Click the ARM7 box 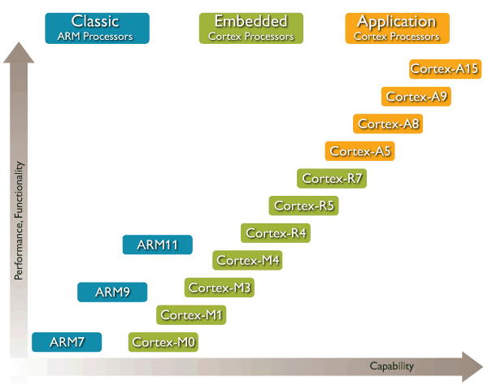click(67, 342)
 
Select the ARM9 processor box click(112, 292)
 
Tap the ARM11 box click(158, 244)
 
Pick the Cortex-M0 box click(163, 342)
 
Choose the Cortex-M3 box click(220, 288)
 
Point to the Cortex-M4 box click(248, 260)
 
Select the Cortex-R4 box click(276, 233)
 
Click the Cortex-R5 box click(304, 206)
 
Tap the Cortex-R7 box click(332, 178)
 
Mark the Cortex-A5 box click(360, 150)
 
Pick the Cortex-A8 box click(388, 123)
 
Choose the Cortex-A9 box click(416, 96)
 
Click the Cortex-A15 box click(444, 68)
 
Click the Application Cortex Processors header click(397, 28)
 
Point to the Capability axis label click(392, 366)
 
